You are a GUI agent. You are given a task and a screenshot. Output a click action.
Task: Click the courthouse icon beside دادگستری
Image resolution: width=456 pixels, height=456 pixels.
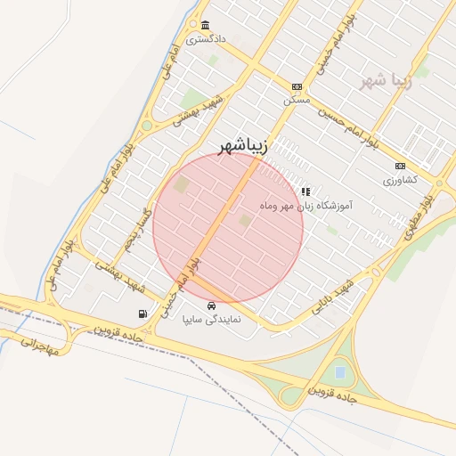pos(206,25)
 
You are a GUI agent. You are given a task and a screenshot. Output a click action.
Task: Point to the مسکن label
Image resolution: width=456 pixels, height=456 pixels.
pos(296,101)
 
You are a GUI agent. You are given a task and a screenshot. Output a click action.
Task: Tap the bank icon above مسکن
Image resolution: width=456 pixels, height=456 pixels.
pos(297,87)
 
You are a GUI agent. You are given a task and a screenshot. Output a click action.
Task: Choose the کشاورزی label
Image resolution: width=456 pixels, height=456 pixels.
pos(400,180)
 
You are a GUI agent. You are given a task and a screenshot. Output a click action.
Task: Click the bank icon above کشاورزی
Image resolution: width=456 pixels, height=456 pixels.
pos(400,166)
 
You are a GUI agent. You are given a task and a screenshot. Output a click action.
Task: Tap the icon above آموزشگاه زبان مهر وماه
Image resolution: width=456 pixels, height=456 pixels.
pos(305,191)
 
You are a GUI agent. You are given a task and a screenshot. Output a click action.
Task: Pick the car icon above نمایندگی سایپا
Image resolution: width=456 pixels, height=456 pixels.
pos(210,305)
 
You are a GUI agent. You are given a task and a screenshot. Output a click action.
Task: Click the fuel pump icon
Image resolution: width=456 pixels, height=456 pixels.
pos(142,313)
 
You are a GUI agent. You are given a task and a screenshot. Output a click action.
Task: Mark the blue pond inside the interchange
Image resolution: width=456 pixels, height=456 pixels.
pos(340,370)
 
